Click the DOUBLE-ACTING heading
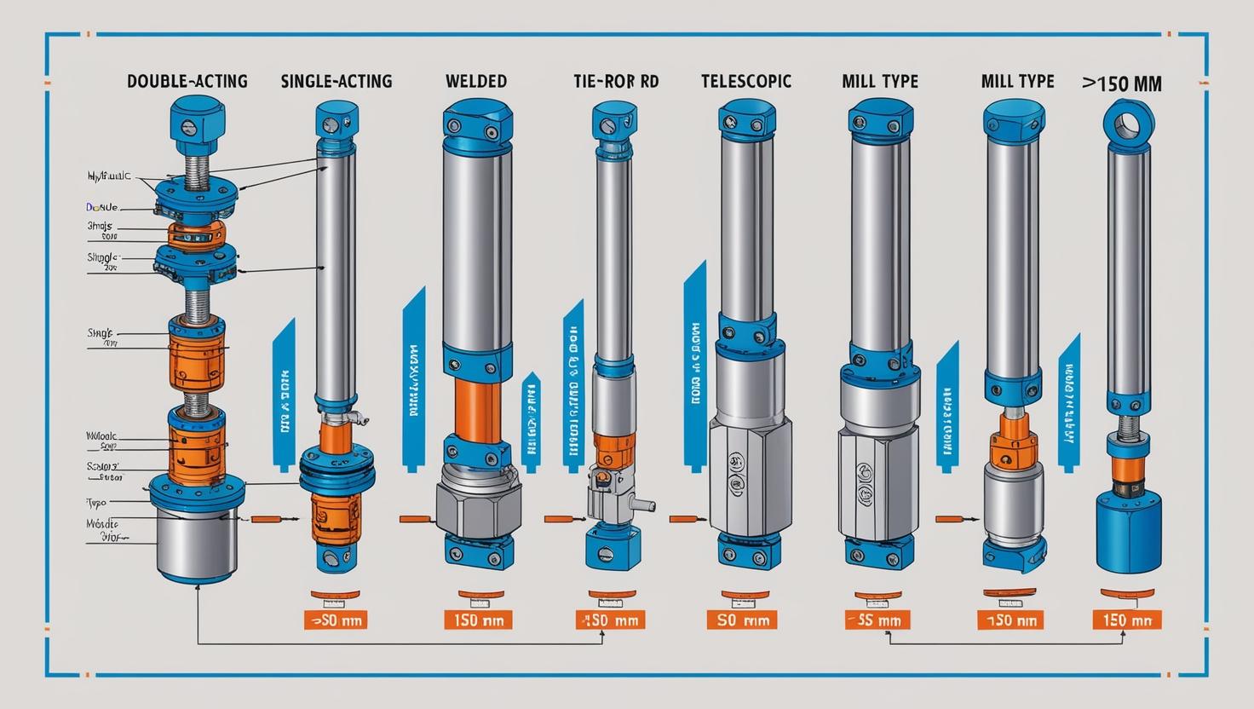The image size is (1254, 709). click(187, 82)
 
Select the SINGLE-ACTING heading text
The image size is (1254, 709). click(337, 82)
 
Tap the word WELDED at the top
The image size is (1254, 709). click(476, 82)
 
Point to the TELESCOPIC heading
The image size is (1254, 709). click(746, 82)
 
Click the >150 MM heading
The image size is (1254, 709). click(1122, 84)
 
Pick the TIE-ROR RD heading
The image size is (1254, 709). click(616, 82)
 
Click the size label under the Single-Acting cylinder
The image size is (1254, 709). click(338, 620)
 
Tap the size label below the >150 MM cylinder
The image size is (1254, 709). click(1127, 620)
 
